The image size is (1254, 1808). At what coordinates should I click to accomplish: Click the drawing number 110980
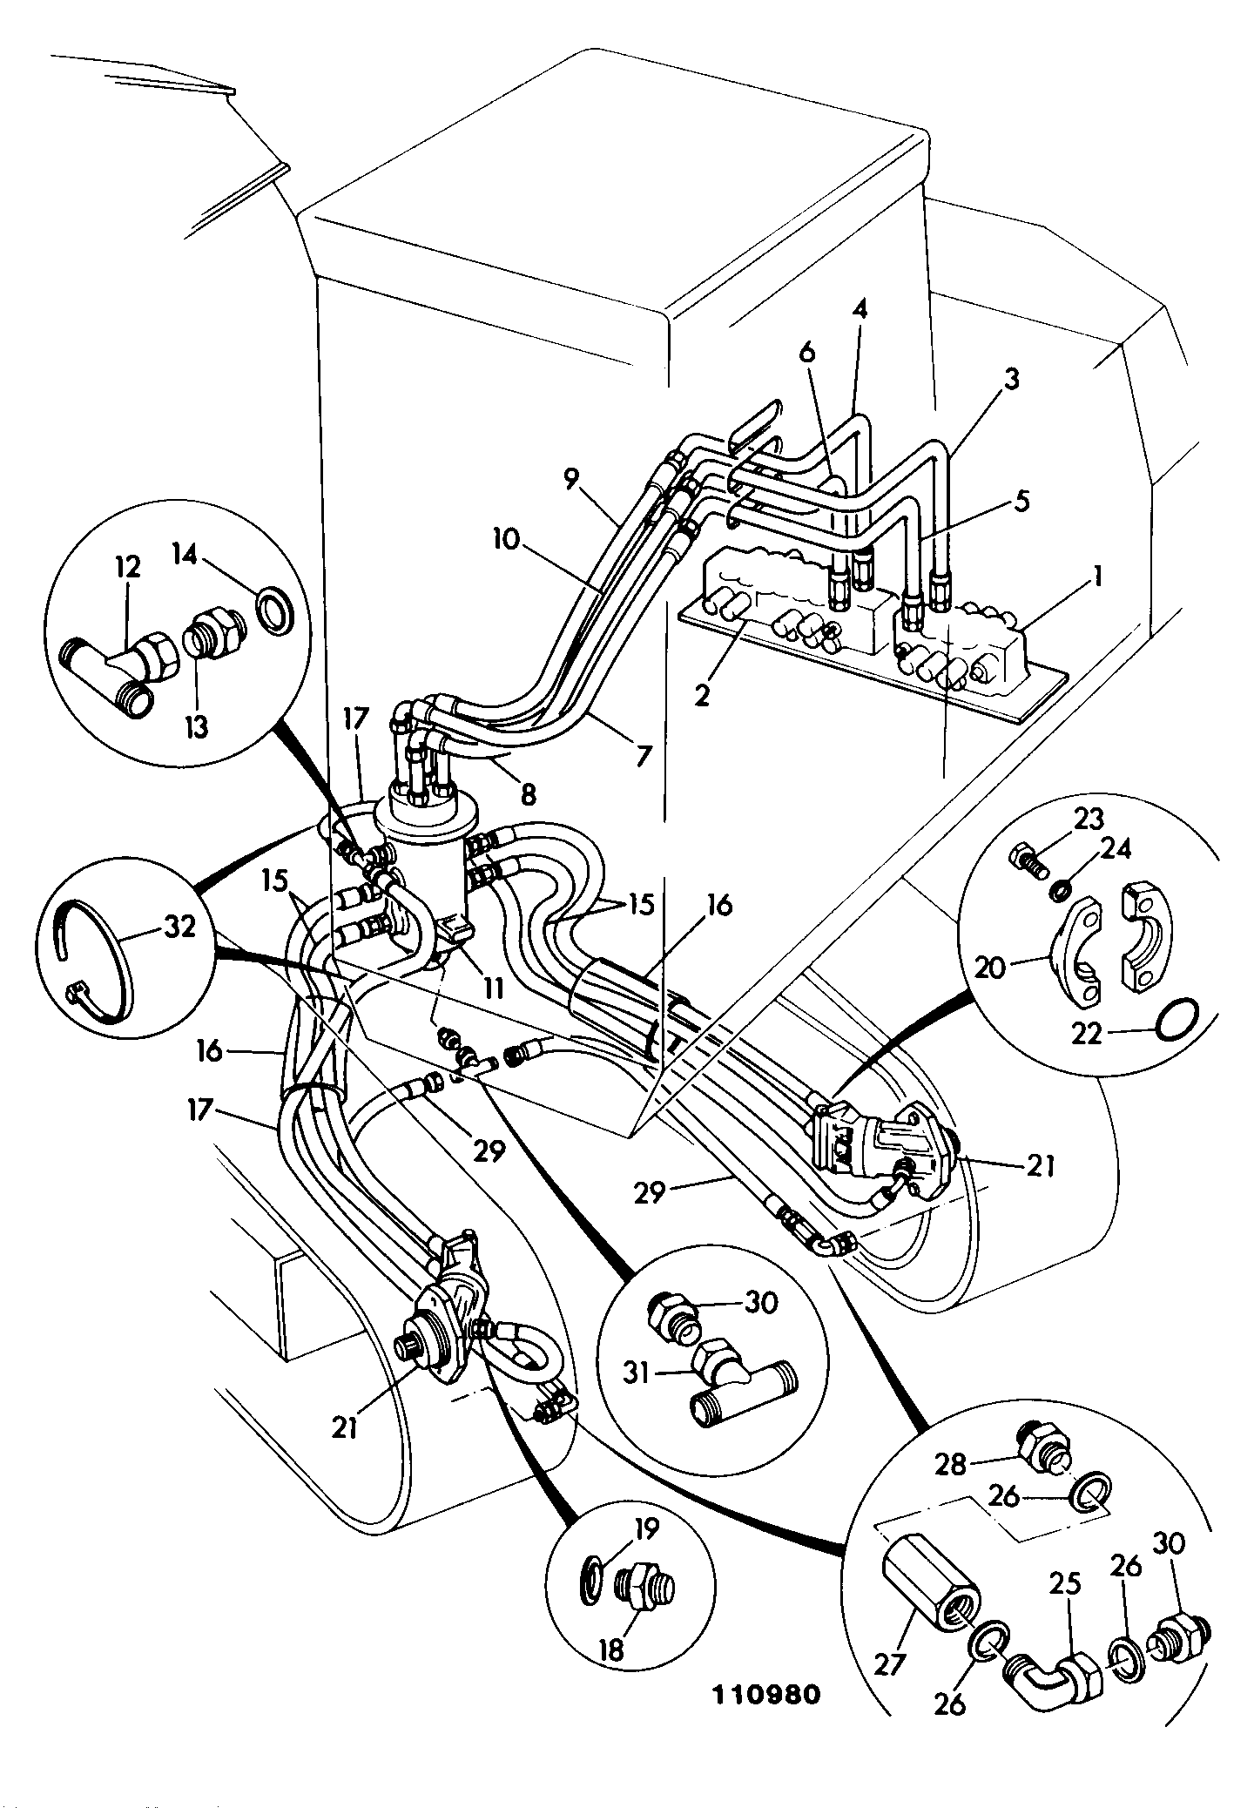766,1694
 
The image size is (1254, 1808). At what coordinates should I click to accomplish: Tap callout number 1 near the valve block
1098,576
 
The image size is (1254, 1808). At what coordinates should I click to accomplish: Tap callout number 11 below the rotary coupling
493,988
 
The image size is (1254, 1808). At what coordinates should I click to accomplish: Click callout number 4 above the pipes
859,309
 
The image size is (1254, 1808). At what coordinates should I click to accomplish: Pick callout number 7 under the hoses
644,754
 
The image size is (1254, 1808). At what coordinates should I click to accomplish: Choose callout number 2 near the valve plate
702,697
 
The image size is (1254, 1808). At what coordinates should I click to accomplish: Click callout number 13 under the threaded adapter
198,726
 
